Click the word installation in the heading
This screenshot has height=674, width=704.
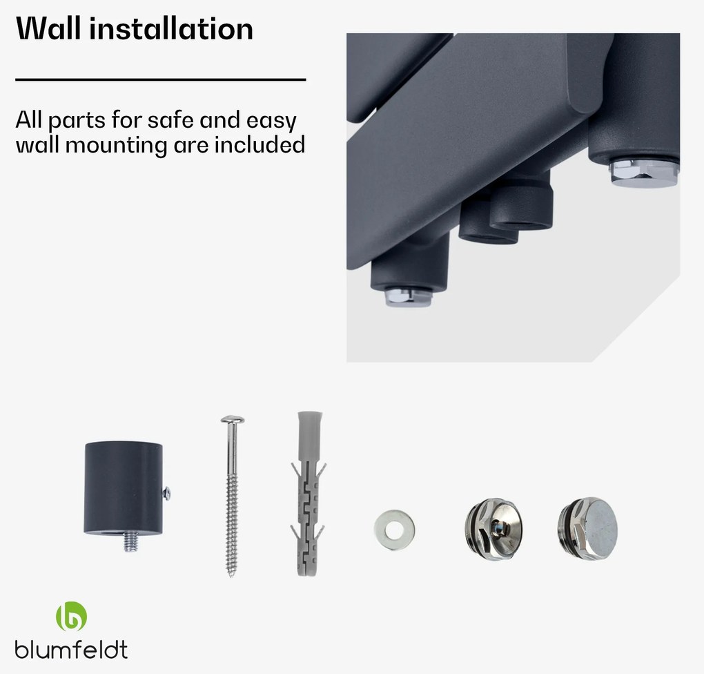click(171, 29)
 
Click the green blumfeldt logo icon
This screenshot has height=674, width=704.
click(71, 616)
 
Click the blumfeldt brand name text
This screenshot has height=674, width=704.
click(71, 649)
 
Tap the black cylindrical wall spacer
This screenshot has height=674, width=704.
click(124, 488)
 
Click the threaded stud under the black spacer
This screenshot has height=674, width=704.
click(131, 541)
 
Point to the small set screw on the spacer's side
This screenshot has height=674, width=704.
click(166, 493)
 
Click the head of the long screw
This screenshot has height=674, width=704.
click(232, 420)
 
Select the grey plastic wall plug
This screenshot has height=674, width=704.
click(309, 493)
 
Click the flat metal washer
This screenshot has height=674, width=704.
click(394, 530)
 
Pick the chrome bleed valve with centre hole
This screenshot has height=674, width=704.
click(494, 529)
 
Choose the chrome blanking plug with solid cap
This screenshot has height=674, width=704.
click(588, 529)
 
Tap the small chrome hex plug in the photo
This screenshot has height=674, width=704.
click(408, 297)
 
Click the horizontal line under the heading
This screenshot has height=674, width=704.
click(161, 79)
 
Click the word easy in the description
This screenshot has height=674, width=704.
click(271, 121)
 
